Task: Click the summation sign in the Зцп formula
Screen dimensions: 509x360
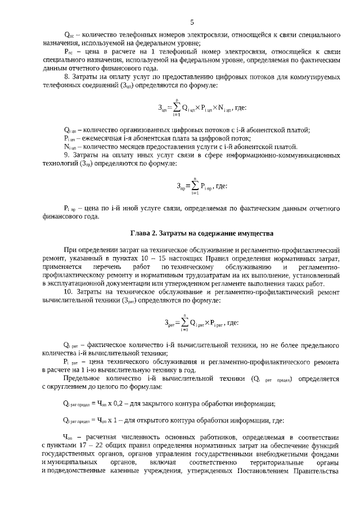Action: coord(175,107)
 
